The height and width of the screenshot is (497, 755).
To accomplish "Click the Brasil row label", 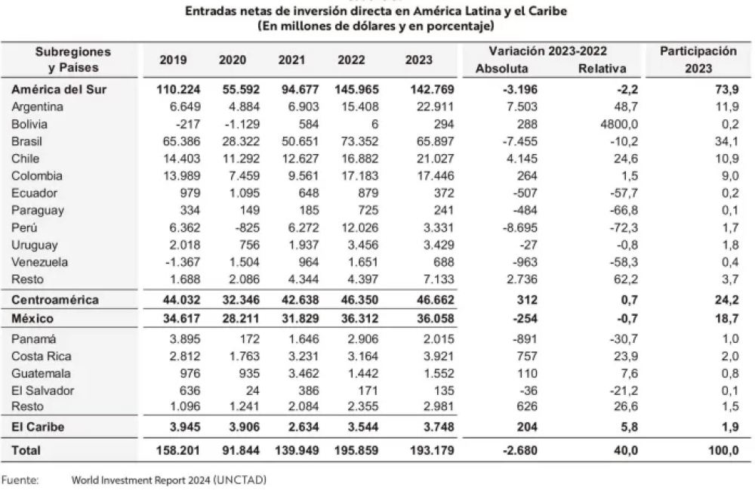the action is coord(26,141).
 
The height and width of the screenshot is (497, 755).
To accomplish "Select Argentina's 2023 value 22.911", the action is coord(436,107).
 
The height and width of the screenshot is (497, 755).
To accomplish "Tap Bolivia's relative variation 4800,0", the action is coord(619,124).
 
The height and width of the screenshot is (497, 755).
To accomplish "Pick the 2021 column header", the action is coord(291,60).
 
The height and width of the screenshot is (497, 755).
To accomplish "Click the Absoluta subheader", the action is coord(502,69).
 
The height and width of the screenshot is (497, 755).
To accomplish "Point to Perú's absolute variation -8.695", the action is coord(520,227).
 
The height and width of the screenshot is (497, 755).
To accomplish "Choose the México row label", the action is coord(32,319).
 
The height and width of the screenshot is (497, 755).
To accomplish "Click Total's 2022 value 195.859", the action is coord(356,451).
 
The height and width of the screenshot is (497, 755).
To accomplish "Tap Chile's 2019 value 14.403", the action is coord(181,159).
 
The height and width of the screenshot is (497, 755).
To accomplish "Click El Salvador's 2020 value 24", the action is coord(252,390).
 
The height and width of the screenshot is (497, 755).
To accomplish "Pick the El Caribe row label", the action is coord(38,428).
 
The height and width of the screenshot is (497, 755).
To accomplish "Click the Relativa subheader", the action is coord(602,69).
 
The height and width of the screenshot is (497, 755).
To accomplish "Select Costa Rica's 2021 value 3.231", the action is coord(304,357).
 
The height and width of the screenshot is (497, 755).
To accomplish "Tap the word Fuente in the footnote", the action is coord(20,480).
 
